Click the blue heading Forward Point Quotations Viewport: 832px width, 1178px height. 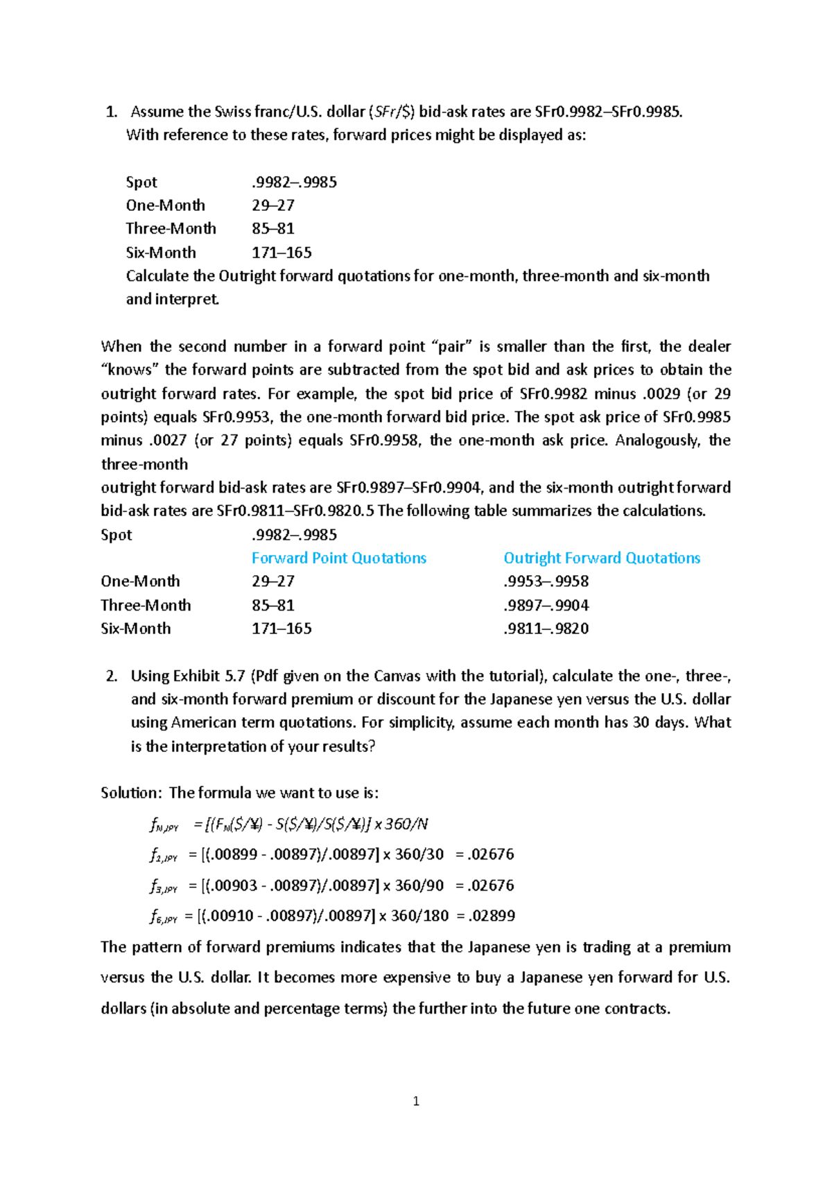pyautogui.click(x=338, y=558)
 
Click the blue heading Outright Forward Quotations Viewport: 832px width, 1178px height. pyautogui.click(x=601, y=558)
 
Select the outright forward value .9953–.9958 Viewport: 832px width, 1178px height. pyautogui.click(x=546, y=581)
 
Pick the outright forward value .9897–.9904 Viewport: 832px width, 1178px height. pyautogui.click(x=546, y=605)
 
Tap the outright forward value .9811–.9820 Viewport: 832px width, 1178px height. pyautogui.click(x=546, y=629)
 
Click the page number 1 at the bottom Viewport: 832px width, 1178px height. pyautogui.click(x=416, y=1101)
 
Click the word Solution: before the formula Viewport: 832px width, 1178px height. pyautogui.click(x=132, y=793)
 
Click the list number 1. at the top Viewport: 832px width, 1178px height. pyautogui.click(x=111, y=112)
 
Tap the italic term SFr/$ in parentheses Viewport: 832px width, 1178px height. pyautogui.click(x=392, y=112)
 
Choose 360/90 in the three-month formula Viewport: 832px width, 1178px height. pyautogui.click(x=419, y=885)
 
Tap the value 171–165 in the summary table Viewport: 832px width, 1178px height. pyautogui.click(x=281, y=629)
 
